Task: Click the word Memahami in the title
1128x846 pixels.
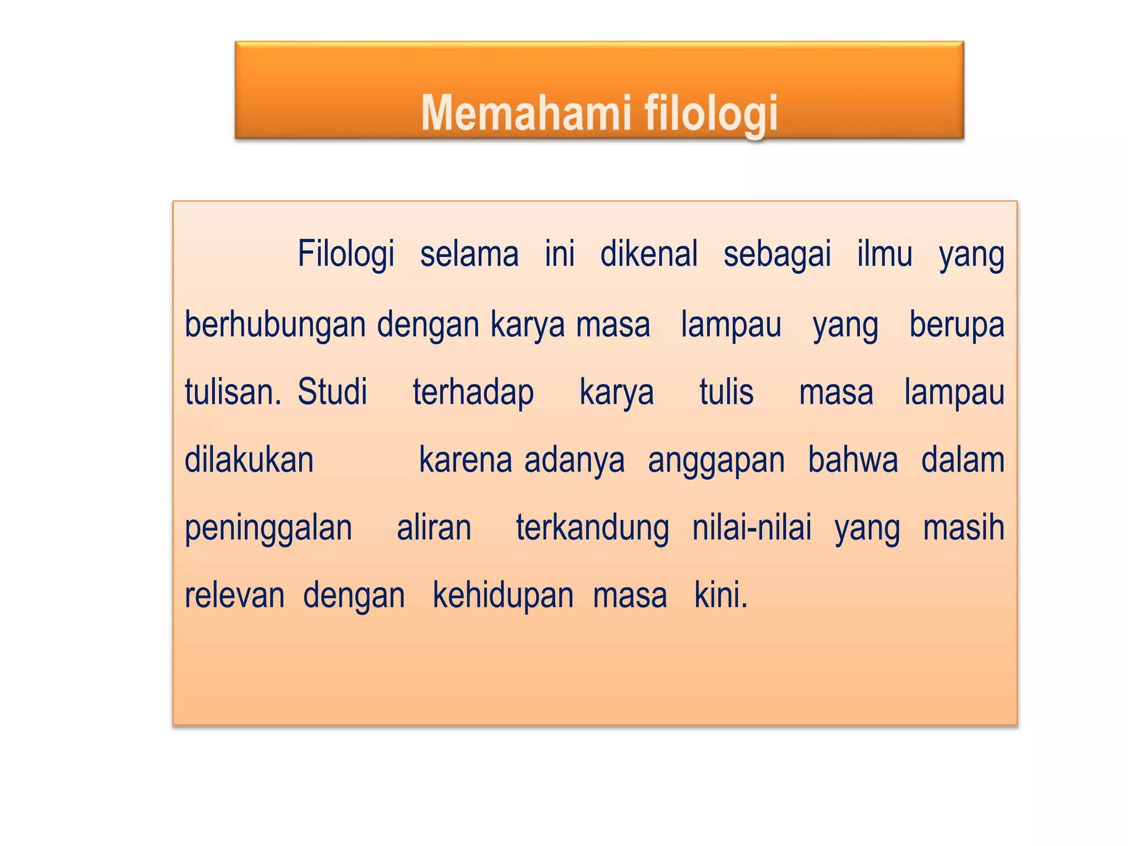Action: pos(525,113)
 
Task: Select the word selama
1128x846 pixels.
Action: pos(469,254)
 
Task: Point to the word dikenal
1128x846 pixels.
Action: pos(649,254)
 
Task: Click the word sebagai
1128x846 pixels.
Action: pos(777,254)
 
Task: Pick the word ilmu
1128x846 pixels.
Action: pos(885,254)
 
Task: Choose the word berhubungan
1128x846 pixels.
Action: pos(275,325)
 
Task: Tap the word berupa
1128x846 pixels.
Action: pos(957,325)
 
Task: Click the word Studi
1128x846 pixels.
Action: pos(332,392)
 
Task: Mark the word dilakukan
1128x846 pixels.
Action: pos(249,460)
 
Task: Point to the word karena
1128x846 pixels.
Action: pos(465,460)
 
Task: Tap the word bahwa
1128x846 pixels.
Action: pos(853,460)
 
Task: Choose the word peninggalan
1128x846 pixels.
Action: pos(268,529)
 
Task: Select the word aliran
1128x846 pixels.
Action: pos(434,528)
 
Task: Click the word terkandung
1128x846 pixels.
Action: pos(592,529)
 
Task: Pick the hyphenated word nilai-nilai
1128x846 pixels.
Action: pos(752,528)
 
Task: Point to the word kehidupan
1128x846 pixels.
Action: pos(503,596)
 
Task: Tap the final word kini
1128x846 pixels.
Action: pos(720,595)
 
